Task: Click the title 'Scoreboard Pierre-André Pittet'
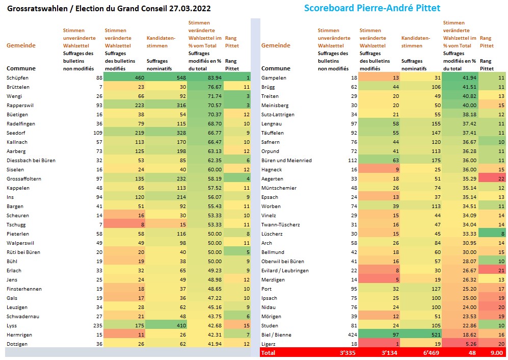click(372, 8)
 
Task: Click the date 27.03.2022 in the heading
click(190, 9)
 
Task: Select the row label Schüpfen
click(17, 78)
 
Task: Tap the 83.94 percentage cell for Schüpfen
click(205, 78)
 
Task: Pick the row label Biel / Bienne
click(276, 335)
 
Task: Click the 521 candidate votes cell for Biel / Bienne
click(421, 335)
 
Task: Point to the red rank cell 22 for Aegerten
click(492, 178)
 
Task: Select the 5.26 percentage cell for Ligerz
click(460, 344)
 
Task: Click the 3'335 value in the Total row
click(347, 353)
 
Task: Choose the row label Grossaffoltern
click(24, 178)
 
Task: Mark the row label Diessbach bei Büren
click(31, 160)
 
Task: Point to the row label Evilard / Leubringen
click(285, 270)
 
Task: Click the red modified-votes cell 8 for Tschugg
click(124, 224)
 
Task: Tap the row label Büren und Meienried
click(286, 160)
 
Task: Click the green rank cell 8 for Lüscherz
click(492, 234)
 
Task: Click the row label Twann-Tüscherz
click(281, 224)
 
